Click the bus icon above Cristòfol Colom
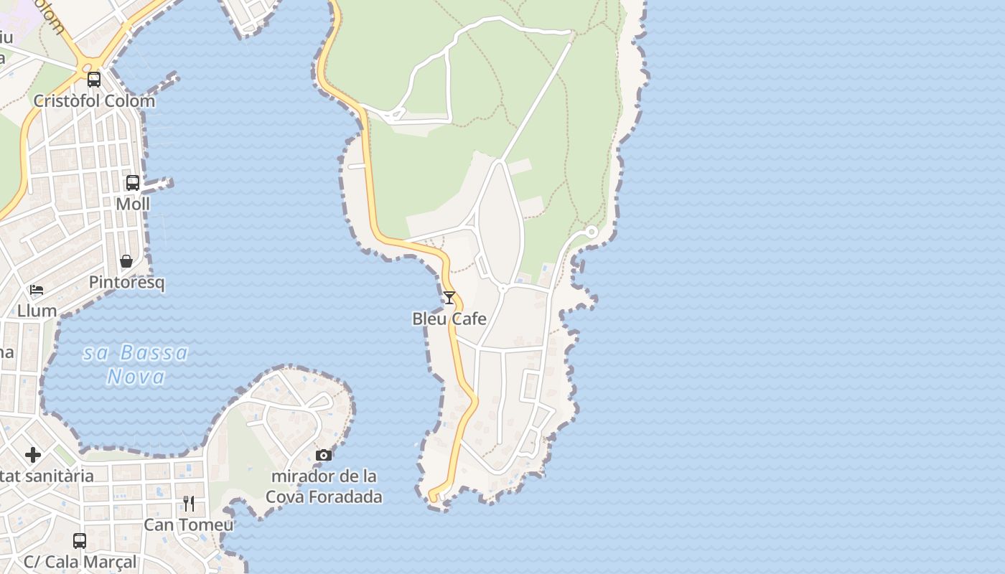point(94,80)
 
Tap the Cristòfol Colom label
point(94,100)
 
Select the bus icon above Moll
point(133,183)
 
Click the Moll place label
point(133,204)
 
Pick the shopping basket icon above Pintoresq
point(126,261)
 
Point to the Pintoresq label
point(126,282)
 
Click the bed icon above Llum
point(37,290)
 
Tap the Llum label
point(37,311)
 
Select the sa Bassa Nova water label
point(136,364)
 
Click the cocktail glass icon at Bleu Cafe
point(449,298)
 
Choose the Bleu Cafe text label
point(449,319)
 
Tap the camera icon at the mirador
point(324,455)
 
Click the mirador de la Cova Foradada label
point(324,486)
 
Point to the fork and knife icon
point(189,504)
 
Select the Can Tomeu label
point(189,524)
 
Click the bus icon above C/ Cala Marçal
point(80,540)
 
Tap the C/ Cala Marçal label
point(80,561)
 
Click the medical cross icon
point(33,455)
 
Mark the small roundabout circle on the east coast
point(592,232)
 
